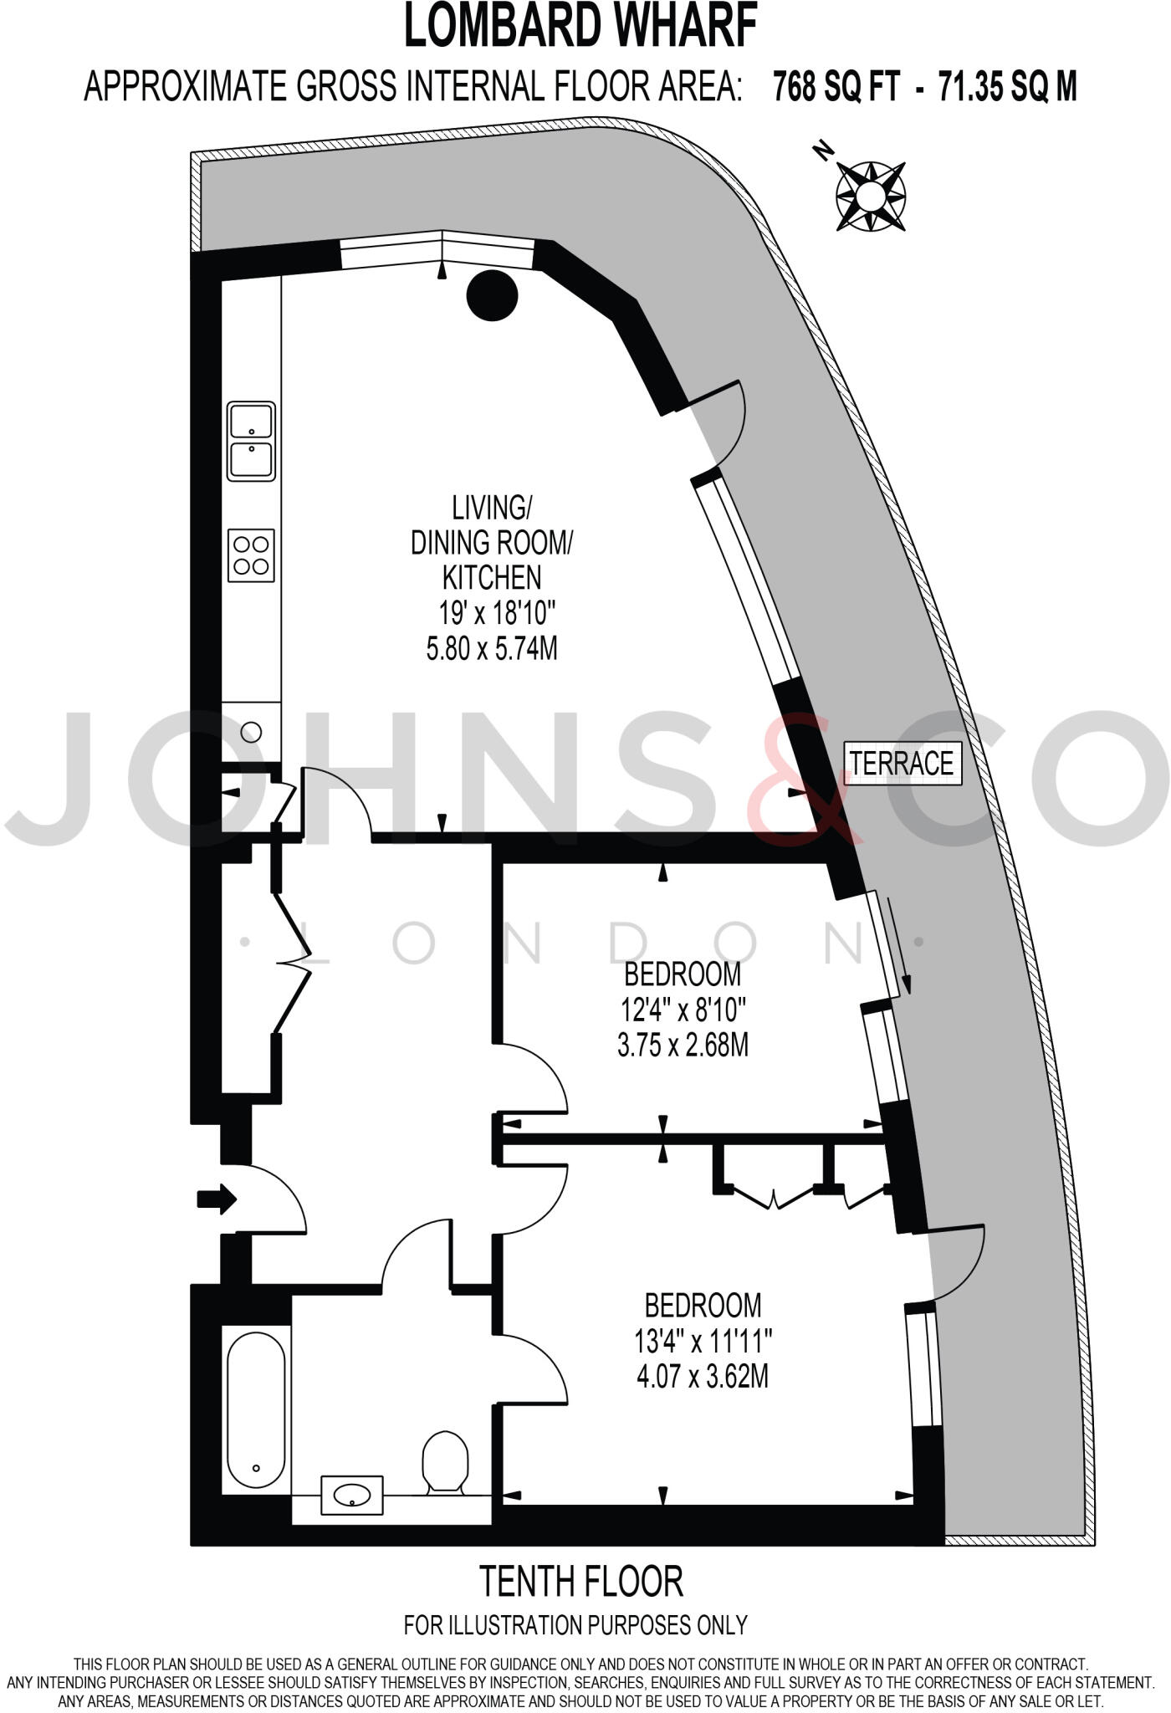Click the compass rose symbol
click(871, 196)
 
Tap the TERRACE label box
click(902, 763)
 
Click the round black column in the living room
click(492, 294)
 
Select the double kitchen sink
click(252, 441)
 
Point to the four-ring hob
click(251, 555)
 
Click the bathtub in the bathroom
click(256, 1409)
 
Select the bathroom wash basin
click(352, 1495)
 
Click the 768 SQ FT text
click(836, 86)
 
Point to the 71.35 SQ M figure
click(1007, 86)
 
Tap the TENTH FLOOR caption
click(580, 1580)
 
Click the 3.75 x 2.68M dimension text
click(683, 1046)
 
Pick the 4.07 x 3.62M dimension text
click(703, 1376)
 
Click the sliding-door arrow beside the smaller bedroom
click(900, 945)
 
